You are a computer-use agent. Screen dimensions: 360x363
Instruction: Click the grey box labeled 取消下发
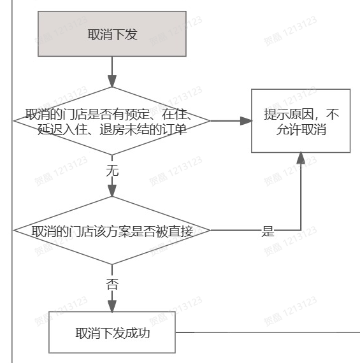point(112,34)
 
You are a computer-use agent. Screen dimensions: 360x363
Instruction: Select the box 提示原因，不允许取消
point(301,121)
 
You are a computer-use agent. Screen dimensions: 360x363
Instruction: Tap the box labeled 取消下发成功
point(112,332)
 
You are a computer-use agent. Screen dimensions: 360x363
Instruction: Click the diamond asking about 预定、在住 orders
point(112,121)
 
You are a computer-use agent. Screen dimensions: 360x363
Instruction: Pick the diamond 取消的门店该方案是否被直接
point(112,231)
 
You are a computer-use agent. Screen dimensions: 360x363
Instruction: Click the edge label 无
point(112,171)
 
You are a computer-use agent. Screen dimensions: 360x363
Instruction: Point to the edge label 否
point(112,284)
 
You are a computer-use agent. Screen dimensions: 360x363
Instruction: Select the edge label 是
point(268,231)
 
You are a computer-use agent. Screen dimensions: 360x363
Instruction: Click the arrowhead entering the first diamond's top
point(112,81)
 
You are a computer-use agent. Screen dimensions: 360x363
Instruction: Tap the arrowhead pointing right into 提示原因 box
point(246,121)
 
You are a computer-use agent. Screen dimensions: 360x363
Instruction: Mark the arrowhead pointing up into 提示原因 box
point(301,158)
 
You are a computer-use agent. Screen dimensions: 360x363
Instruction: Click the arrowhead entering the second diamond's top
point(112,191)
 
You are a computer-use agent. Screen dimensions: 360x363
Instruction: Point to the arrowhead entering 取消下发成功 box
point(112,306)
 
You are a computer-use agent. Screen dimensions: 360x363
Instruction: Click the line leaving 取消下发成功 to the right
point(268,332)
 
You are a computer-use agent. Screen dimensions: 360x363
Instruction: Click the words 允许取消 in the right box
point(301,129)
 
